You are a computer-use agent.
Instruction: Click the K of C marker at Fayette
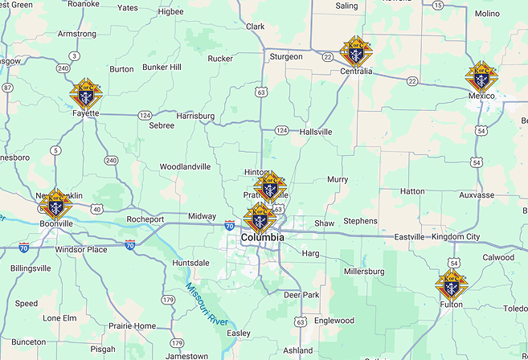coord(86,93)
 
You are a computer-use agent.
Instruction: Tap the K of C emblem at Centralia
coord(356,52)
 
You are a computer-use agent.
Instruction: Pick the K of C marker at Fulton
coord(451,285)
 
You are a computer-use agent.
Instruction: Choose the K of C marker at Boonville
coord(55,203)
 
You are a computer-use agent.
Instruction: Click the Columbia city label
coord(262,238)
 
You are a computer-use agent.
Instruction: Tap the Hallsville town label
coord(315,131)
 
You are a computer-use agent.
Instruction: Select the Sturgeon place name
coord(285,56)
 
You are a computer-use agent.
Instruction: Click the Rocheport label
coord(145,219)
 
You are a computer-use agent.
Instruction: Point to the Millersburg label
coord(364,272)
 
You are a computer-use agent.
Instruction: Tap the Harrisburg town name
coord(195,116)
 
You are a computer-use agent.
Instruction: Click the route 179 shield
coord(168,300)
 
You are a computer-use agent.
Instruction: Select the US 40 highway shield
coord(96,209)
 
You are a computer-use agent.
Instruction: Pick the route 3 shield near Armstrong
coord(74,55)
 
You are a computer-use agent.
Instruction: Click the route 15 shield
coord(437,5)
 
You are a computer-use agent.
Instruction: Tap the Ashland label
coord(298,350)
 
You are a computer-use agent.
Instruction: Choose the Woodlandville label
coord(185,166)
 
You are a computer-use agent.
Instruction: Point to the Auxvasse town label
coord(477,194)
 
